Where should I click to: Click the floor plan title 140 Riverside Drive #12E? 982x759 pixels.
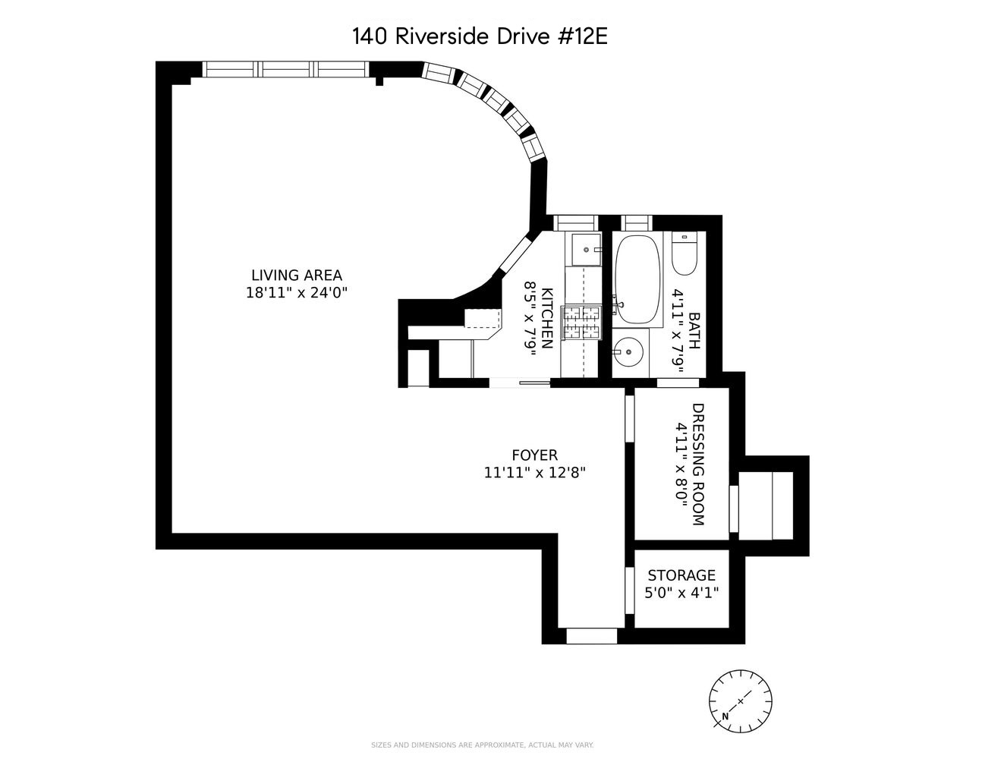(x=480, y=36)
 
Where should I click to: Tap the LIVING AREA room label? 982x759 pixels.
(x=297, y=276)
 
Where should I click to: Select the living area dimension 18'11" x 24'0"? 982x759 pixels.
(x=297, y=293)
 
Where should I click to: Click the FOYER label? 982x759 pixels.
(x=534, y=455)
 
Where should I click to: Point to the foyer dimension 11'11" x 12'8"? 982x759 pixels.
(x=534, y=472)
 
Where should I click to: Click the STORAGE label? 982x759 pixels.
(x=681, y=576)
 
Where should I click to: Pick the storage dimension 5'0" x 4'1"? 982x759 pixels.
(x=681, y=593)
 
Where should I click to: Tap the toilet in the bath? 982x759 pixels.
(x=684, y=257)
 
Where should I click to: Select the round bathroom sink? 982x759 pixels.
(x=628, y=352)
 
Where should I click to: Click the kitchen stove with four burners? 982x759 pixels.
(x=580, y=322)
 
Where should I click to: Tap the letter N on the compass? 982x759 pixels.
(x=725, y=716)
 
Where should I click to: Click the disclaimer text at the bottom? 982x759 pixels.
(x=483, y=745)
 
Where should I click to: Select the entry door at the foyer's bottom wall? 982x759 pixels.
(x=592, y=636)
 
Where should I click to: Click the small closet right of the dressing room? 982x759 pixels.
(x=766, y=505)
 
